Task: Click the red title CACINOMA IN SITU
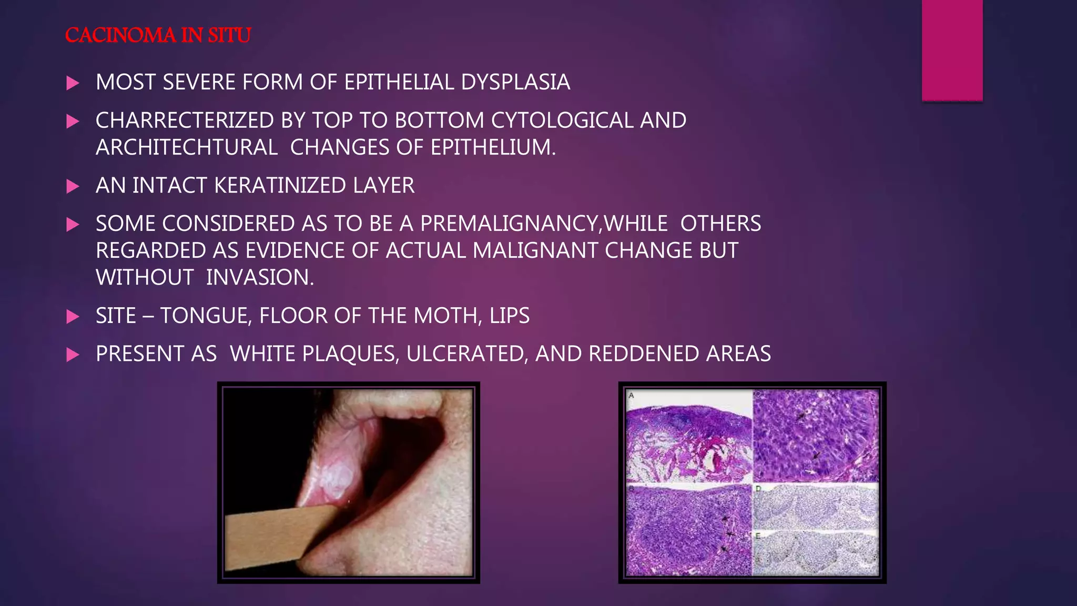[158, 36]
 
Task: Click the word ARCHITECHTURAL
[187, 147]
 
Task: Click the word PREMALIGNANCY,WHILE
[544, 224]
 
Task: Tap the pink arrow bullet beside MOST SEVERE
[73, 83]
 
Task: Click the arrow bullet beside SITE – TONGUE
[73, 317]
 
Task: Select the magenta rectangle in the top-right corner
[952, 50]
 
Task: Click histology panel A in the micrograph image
[689, 437]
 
